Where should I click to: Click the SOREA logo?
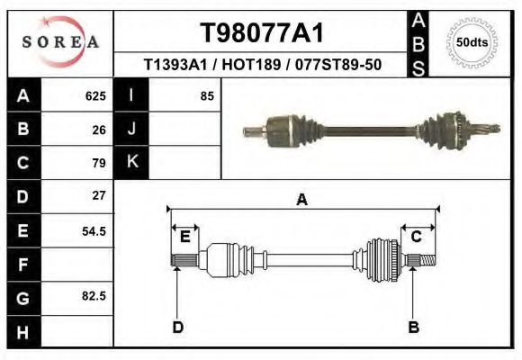coord(60,42)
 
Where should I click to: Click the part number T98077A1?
coord(261,33)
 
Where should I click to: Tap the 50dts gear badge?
coord(472,41)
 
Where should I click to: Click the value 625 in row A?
coord(95,96)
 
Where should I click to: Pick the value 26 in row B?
coord(99,130)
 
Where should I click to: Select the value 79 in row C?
coord(99,163)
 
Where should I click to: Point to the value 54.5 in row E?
coord(94,231)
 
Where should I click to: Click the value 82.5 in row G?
coord(94,296)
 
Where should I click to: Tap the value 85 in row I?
coord(206,96)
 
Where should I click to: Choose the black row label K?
coord(131,163)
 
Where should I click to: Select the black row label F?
coord(22,265)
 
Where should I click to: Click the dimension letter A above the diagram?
coord(302,200)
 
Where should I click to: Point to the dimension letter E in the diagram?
coord(184,237)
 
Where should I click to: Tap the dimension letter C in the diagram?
coord(417,237)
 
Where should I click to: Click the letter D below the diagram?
coord(177,327)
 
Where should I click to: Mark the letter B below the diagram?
coord(413,327)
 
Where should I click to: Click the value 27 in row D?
coord(99,195)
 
